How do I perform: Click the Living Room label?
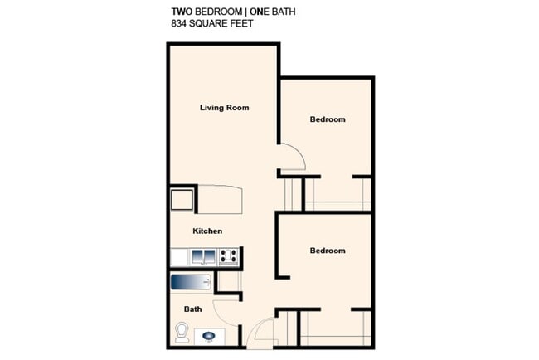(225, 108)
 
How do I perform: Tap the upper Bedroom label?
(327, 119)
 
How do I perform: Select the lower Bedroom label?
(327, 251)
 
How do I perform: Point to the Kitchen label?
(207, 231)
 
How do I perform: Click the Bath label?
(192, 309)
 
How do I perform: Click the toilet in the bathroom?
(182, 333)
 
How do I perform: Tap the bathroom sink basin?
(208, 336)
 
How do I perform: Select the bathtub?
(192, 282)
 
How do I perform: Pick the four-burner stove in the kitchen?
(230, 257)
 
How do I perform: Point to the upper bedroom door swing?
(293, 158)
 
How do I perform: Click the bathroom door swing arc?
(226, 313)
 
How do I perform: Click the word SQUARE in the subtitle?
(208, 24)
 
